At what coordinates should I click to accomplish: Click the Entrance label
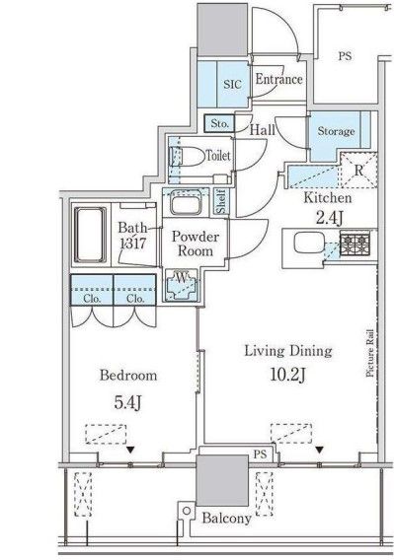coord(278,79)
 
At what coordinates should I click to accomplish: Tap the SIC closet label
coord(232,84)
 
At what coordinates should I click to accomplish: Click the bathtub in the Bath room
coord(90,235)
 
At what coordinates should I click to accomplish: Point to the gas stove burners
coord(355,244)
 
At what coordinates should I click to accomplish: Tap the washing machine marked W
coord(182,285)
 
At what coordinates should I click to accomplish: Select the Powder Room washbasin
coord(186,202)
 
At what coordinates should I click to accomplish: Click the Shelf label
coord(221,202)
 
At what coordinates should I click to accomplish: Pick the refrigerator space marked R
coord(358,170)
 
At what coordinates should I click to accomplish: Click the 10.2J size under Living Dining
coord(288,375)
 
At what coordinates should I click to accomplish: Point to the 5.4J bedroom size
coord(127,402)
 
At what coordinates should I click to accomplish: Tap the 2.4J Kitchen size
coord(329,218)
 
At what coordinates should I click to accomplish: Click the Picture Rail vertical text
coord(370,353)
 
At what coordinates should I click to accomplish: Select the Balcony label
coord(226,518)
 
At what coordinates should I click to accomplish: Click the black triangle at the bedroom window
coord(130,450)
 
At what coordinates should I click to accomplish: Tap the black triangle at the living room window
coord(319,450)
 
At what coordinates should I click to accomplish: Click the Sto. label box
coord(219,123)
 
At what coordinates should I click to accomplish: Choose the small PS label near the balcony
coord(260,455)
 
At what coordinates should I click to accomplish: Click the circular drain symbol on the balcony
coord(186,511)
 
